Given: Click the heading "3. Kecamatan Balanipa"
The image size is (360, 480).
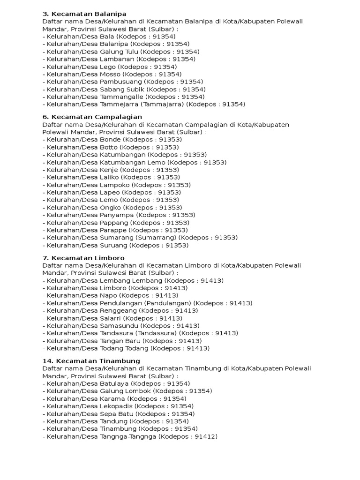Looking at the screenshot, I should pos(84,14).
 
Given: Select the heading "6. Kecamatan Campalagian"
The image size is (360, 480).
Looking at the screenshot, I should pos(92,117).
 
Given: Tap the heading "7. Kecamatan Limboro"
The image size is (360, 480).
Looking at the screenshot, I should pos(83,258).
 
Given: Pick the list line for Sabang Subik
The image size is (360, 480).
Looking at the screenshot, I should pos(124,89).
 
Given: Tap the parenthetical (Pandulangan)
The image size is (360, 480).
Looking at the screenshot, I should pos(168,303).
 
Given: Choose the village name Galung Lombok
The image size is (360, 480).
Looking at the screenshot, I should pos(125,391).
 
